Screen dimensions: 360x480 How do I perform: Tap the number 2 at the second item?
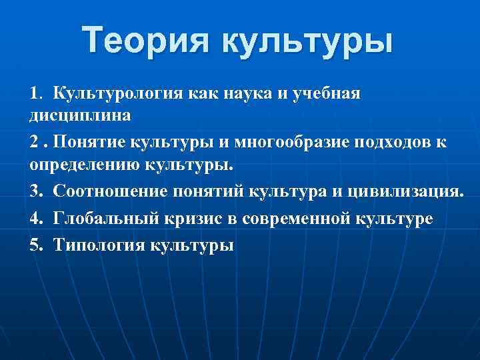coord(34,142)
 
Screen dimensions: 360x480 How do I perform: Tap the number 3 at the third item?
coord(35,193)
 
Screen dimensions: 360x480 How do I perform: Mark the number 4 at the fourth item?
coord(35,219)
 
